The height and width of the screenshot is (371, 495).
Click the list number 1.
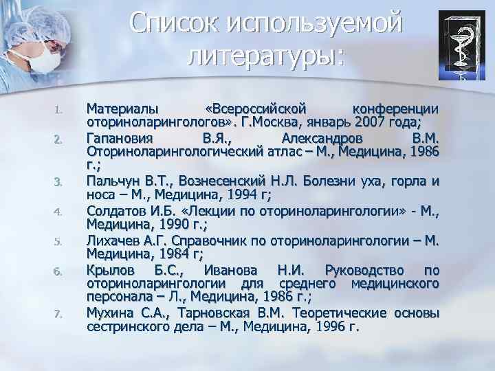tap(59, 111)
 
